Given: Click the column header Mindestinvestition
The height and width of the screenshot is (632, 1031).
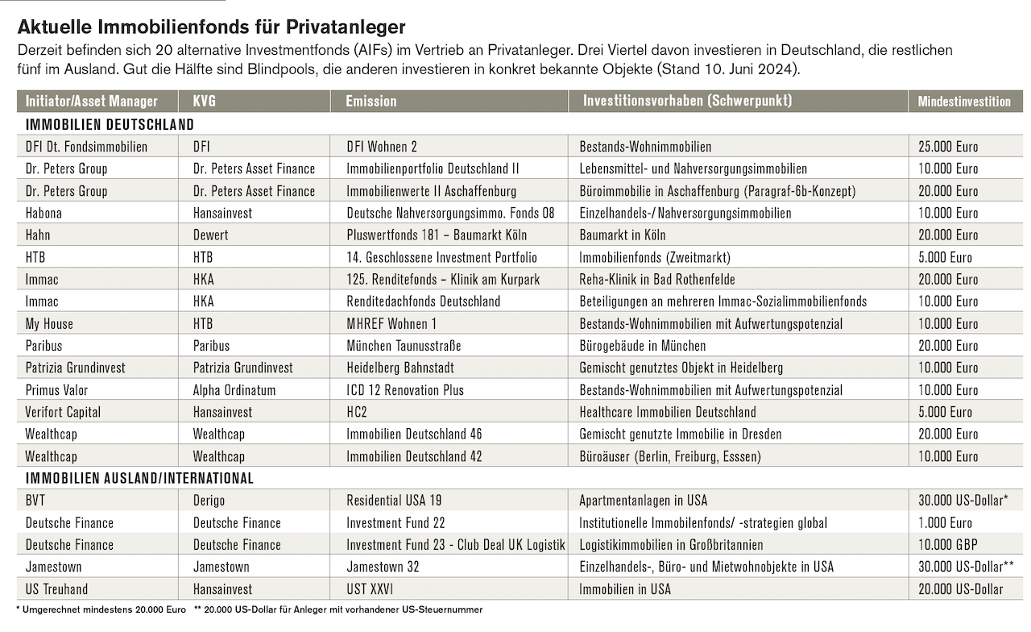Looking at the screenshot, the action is (964, 102).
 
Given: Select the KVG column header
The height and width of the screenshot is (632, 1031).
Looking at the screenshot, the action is (205, 102).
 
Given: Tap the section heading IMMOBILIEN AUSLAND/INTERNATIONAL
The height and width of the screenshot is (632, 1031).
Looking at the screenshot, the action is (139, 478).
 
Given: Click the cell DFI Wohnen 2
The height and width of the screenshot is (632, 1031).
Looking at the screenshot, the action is (382, 147).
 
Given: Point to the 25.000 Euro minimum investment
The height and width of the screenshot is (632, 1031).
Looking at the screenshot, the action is (948, 147).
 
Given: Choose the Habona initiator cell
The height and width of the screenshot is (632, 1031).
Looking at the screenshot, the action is (43, 213).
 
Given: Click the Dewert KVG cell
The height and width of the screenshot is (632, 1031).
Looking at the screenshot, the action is (210, 235).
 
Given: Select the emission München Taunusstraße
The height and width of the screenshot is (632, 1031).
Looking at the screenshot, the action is (404, 346).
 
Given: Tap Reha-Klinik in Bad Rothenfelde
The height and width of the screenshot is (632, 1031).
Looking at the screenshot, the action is (657, 279).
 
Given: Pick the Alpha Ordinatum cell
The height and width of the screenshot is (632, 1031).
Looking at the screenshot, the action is (234, 390).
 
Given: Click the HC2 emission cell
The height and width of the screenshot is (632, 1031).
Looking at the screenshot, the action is (357, 412).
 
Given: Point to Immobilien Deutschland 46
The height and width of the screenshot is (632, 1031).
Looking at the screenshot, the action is (414, 434).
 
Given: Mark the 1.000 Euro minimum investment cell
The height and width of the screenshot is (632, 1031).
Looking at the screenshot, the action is (946, 523).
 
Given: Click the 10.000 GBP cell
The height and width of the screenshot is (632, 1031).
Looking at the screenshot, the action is (948, 545).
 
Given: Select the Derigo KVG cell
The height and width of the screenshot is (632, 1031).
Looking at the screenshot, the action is (209, 501).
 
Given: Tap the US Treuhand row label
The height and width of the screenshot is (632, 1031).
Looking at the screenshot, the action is (56, 589).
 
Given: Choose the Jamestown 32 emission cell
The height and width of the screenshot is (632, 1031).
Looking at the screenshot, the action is (383, 567).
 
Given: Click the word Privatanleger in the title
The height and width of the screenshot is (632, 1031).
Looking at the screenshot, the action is (346, 27).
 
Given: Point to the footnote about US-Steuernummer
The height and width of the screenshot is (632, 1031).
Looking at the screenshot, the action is (338, 610).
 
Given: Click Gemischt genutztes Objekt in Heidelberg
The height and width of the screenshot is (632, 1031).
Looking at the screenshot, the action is (681, 368).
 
